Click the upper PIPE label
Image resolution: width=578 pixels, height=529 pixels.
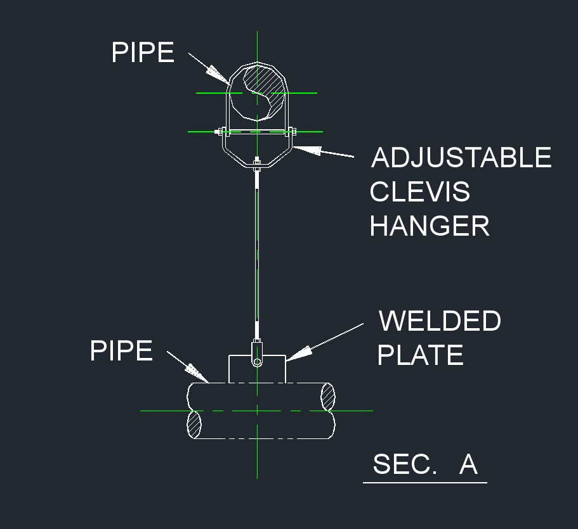point(143,52)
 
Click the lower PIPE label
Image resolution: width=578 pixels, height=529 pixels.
point(121,350)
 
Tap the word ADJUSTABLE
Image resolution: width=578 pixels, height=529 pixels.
point(461,158)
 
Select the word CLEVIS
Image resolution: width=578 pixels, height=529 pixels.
point(419,192)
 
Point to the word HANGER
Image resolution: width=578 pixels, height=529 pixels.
point(430,226)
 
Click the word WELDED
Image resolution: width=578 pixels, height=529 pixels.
point(440,321)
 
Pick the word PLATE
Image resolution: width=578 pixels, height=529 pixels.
point(420,355)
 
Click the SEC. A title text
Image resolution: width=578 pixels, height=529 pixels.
point(424,464)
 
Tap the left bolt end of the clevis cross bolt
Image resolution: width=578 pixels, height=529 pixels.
point(221,132)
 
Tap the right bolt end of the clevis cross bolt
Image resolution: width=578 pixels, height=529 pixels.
point(292,132)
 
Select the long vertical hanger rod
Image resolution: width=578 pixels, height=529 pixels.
point(256,253)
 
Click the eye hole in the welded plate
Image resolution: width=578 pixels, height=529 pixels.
point(256,361)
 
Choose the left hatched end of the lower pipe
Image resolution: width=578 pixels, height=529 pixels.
point(195,423)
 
